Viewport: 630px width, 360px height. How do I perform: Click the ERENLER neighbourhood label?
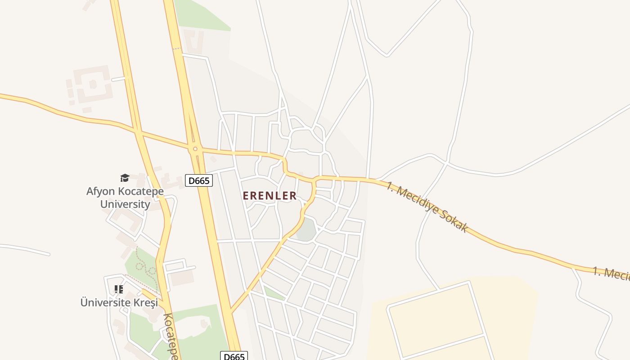point(270,196)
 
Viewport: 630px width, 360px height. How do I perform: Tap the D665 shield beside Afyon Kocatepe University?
point(198,181)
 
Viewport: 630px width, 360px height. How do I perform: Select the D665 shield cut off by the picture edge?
point(234,356)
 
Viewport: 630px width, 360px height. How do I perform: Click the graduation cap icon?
point(125,178)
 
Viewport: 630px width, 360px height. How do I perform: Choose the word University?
point(125,204)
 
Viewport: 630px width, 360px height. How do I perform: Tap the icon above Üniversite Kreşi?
point(119,289)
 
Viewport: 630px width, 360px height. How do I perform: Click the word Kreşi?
point(146,302)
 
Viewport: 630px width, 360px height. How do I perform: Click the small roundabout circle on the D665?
point(195,149)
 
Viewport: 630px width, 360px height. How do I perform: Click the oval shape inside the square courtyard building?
point(93,84)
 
